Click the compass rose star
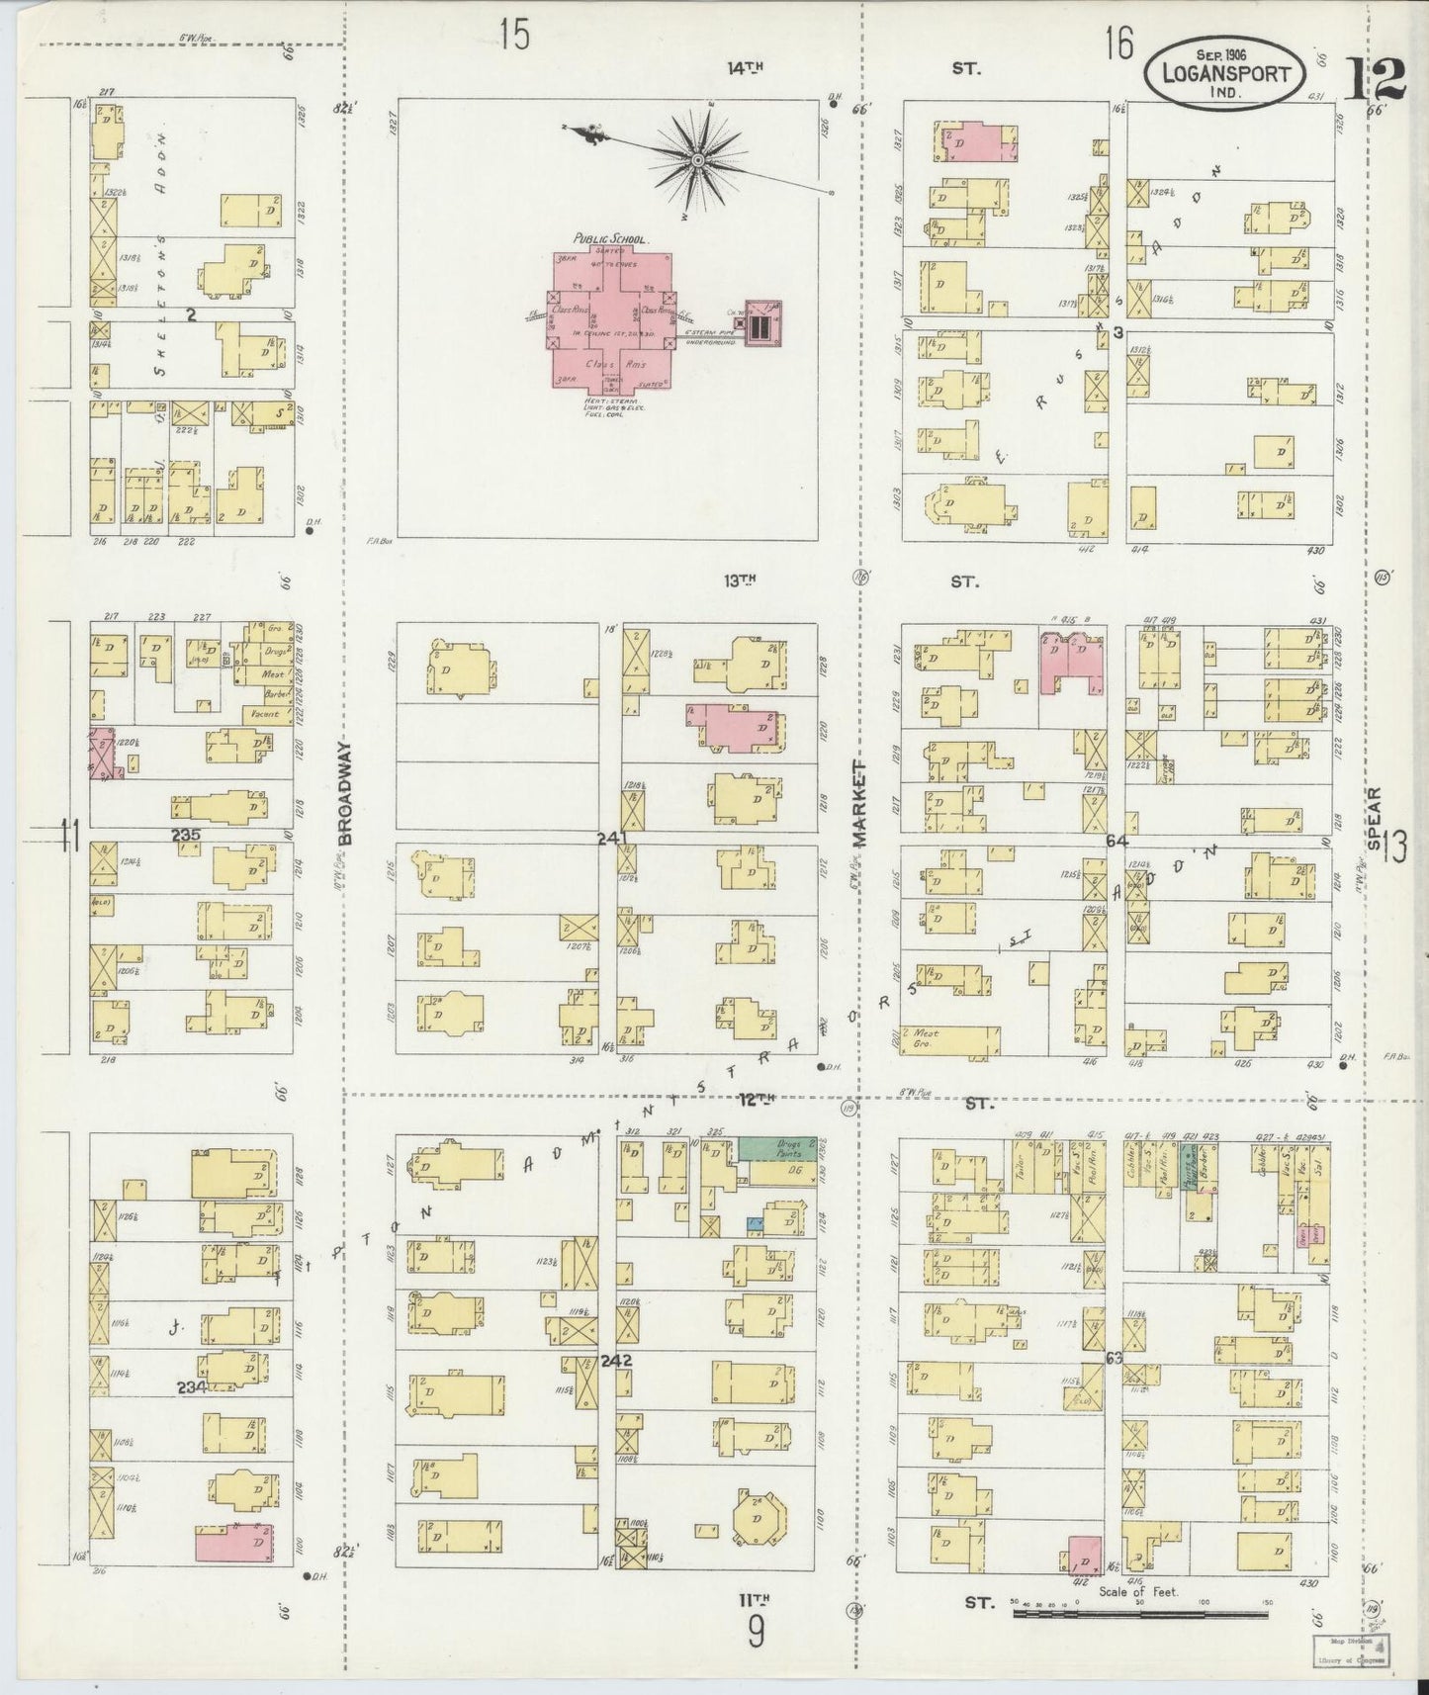point(698,159)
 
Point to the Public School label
point(611,239)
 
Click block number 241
point(613,839)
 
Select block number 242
point(616,1360)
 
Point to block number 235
point(186,835)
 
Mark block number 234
point(191,1386)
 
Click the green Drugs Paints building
point(777,1148)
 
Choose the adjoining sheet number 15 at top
point(514,35)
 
